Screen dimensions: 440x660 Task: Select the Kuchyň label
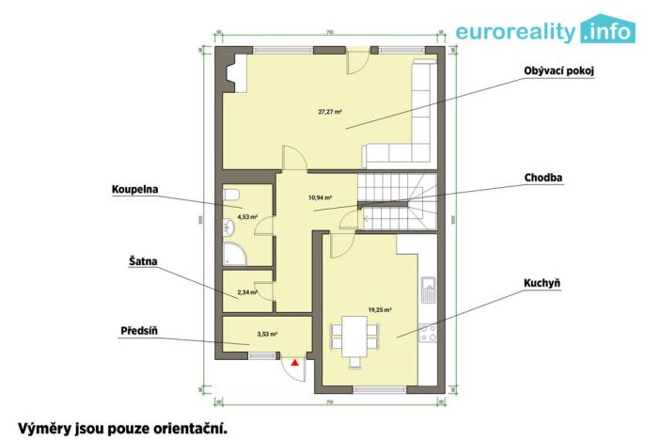(543, 281)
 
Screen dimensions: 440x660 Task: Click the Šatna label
(129, 259)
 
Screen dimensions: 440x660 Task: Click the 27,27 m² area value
(329, 112)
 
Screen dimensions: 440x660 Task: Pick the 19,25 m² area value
(380, 308)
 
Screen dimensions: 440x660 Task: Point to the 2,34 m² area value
(247, 292)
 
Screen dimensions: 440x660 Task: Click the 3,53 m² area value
(268, 333)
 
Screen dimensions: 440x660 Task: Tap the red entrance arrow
(295, 361)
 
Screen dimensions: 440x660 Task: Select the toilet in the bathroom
(231, 195)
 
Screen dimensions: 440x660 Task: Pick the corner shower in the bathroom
(234, 251)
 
